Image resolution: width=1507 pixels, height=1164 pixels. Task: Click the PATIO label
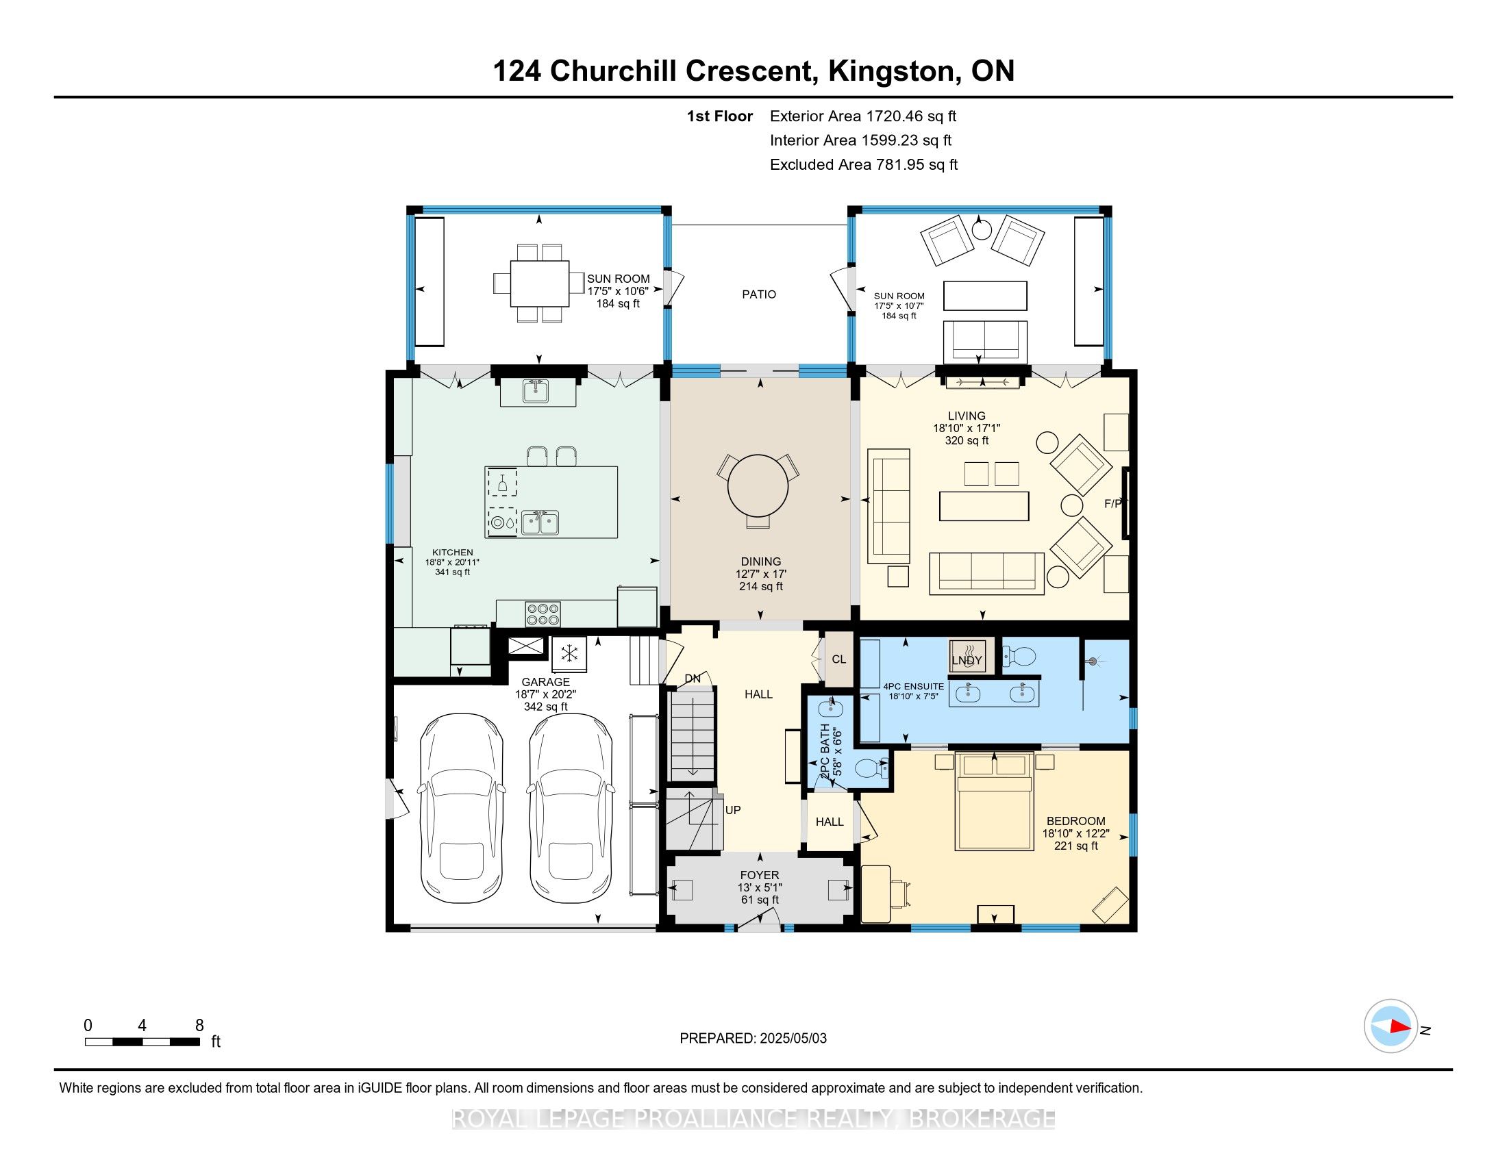coord(759,294)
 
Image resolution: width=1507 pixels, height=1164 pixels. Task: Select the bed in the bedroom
coord(995,801)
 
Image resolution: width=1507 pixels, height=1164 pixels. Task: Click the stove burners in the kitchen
coord(543,613)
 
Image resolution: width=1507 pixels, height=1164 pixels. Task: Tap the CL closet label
coord(838,659)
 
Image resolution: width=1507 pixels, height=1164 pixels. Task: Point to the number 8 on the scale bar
coord(199,1026)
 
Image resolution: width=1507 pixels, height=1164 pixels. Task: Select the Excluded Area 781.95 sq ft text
coord(864,165)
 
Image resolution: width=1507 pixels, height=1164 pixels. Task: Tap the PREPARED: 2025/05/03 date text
coord(753,1039)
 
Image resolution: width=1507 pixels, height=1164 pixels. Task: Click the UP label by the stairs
coord(733,810)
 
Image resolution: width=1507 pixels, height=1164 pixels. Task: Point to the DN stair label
coord(693,679)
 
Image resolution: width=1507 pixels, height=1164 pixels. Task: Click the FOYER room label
coord(760,875)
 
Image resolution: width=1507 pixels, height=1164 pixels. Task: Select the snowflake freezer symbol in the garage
coord(569,653)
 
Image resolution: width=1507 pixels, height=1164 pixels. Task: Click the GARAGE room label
coord(545,682)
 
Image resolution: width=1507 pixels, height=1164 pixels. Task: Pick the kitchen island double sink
coord(540,522)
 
